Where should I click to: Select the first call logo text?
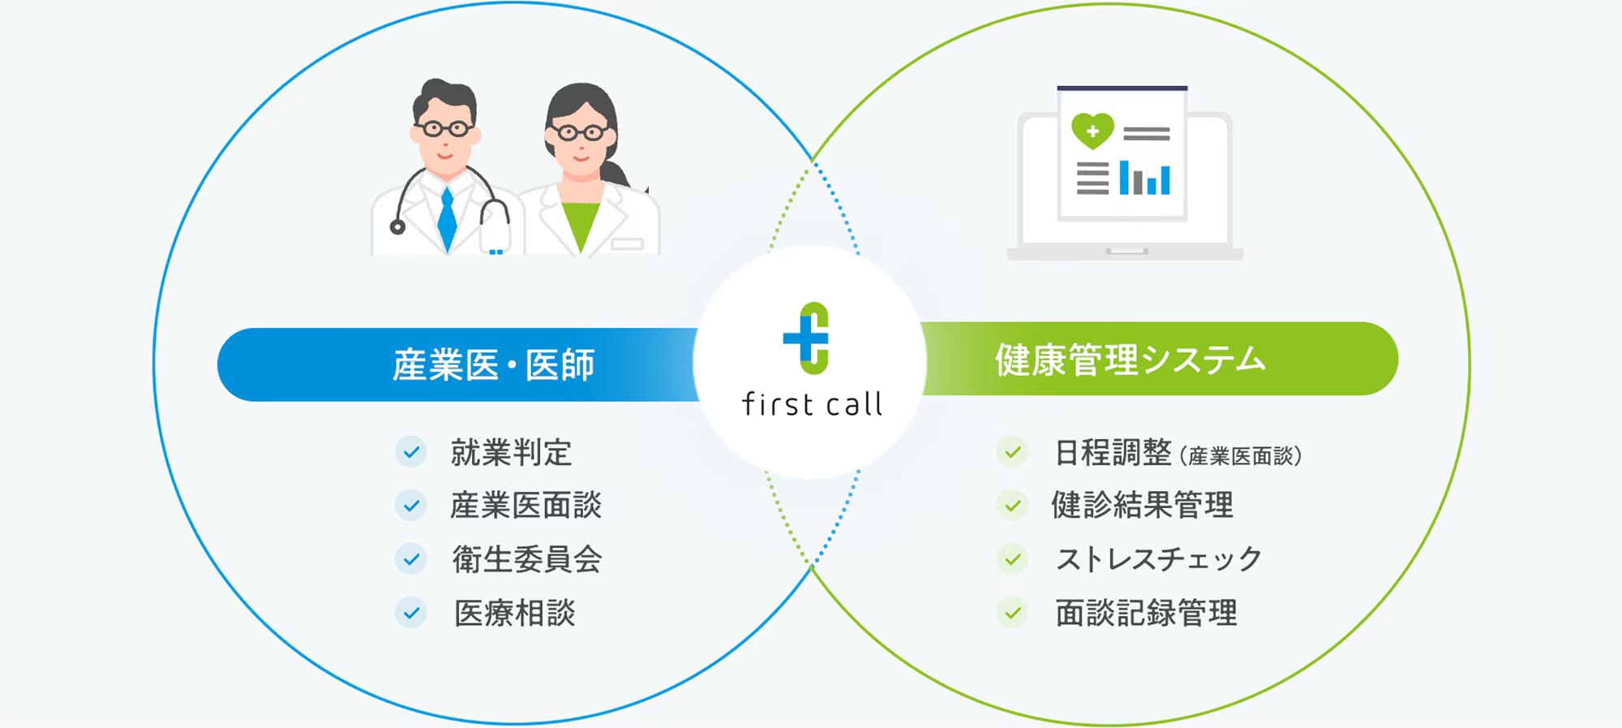click(812, 404)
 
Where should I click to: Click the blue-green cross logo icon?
click(806, 338)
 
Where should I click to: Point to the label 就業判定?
click(512, 452)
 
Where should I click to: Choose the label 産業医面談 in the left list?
click(526, 505)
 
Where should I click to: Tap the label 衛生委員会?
click(527, 559)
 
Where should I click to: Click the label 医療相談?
click(514, 613)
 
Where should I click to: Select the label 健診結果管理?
click(1142, 505)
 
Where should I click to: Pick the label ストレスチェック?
click(1159, 559)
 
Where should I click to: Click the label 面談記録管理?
click(1146, 613)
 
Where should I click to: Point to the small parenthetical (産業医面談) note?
click(1241, 456)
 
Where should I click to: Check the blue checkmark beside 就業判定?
click(411, 452)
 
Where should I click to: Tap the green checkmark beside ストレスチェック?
click(1012, 559)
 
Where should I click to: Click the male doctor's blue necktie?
click(447, 218)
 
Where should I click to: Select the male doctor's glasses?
click(445, 128)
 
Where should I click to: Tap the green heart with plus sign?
click(1092, 131)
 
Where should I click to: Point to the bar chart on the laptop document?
click(1144, 178)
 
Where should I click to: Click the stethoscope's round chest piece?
click(397, 226)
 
